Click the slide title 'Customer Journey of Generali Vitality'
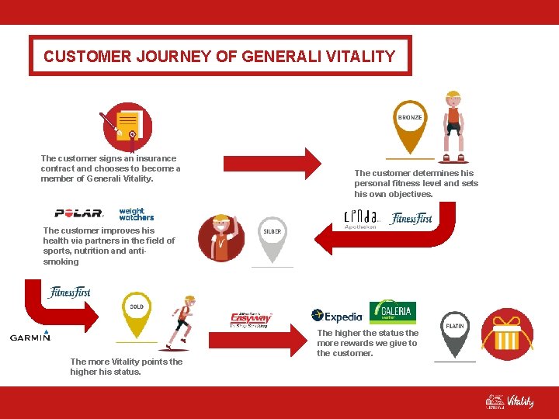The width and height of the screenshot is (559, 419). click(x=220, y=56)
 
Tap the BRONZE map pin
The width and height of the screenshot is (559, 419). click(x=410, y=124)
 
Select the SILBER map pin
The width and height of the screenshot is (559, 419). click(x=273, y=237)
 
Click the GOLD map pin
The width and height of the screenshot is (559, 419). click(x=137, y=313)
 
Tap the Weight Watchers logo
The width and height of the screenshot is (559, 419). click(x=137, y=214)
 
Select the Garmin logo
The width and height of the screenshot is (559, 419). click(x=30, y=336)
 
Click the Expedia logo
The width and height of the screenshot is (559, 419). click(x=337, y=316)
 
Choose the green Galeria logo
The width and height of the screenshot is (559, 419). click(x=392, y=312)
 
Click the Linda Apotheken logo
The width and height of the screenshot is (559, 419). click(x=361, y=220)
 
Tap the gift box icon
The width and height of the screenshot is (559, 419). click(x=507, y=334)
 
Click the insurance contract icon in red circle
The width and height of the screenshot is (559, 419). click(x=128, y=126)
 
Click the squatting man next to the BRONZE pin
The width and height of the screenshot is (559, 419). click(x=453, y=124)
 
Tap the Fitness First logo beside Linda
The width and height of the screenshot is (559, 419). click(x=411, y=219)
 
